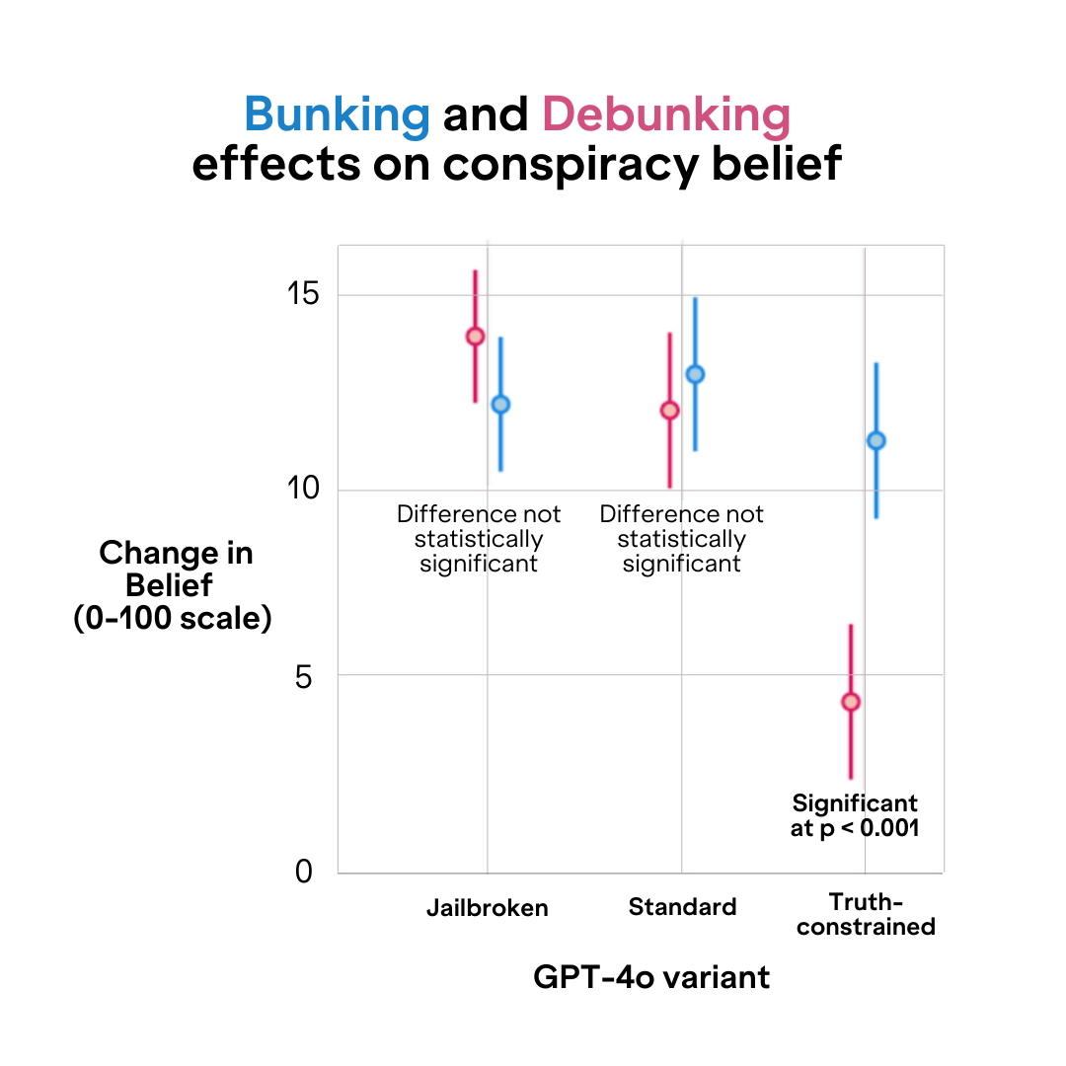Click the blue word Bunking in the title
click(337, 116)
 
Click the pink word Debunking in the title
click(666, 116)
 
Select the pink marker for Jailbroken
click(475, 336)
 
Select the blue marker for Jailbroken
click(500, 404)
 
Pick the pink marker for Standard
click(669, 410)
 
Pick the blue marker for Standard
click(695, 374)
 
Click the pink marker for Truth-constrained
click(851, 702)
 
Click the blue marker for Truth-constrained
click(876, 440)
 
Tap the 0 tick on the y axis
click(302, 873)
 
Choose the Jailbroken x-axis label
click(487, 908)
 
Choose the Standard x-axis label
click(682, 907)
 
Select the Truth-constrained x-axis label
click(866, 914)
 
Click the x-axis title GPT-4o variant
click(651, 977)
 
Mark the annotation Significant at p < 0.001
click(855, 815)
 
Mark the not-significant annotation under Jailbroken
click(479, 539)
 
